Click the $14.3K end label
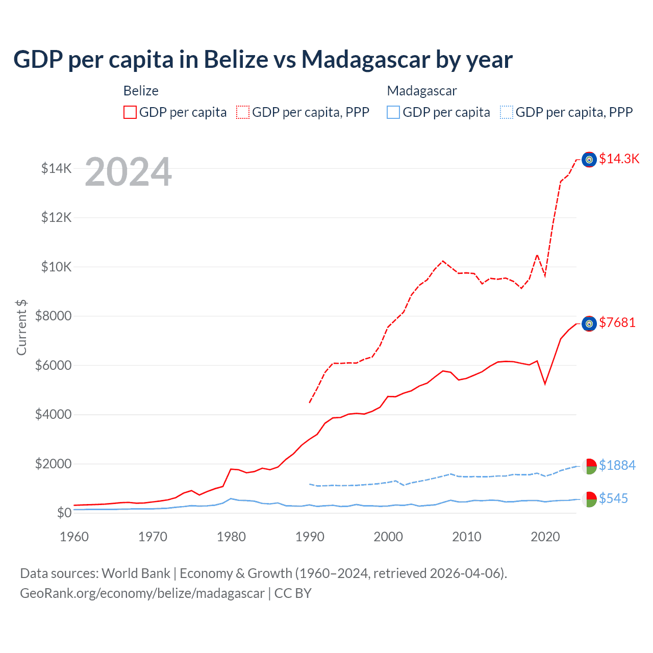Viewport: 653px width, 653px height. [619, 159]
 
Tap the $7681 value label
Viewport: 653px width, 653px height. [617, 322]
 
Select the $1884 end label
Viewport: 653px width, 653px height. [617, 465]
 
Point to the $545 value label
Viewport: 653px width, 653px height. [613, 498]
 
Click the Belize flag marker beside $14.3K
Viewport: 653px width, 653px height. [589, 160]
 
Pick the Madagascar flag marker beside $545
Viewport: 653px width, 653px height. [589, 499]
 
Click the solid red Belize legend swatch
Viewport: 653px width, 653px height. [130, 112]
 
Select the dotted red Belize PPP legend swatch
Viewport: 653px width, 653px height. [243, 112]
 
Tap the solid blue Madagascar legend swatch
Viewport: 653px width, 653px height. [393, 112]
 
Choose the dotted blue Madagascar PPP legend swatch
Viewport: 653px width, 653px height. [507, 112]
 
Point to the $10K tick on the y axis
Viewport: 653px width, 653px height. [56, 267]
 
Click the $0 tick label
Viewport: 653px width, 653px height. [64, 513]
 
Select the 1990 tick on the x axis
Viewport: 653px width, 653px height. [310, 537]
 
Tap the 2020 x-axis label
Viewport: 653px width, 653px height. [545, 537]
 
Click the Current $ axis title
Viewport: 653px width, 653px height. [21, 327]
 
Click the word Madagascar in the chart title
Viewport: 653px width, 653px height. [366, 60]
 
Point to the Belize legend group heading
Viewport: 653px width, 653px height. [141, 91]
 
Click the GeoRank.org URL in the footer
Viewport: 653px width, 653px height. [142, 593]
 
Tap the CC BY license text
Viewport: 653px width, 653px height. [293, 593]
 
